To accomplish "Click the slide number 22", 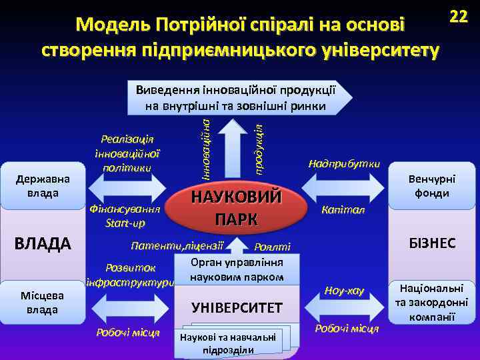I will point(458,17).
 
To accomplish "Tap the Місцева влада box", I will point(43,301).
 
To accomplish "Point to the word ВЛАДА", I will point(43,243).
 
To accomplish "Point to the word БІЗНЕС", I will point(433,243).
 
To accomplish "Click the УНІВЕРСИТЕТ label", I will point(237,307).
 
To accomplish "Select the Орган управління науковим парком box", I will point(237,269).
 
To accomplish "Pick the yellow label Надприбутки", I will point(344,163).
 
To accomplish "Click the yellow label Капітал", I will point(343,210).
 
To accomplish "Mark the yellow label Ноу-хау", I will point(344,290).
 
